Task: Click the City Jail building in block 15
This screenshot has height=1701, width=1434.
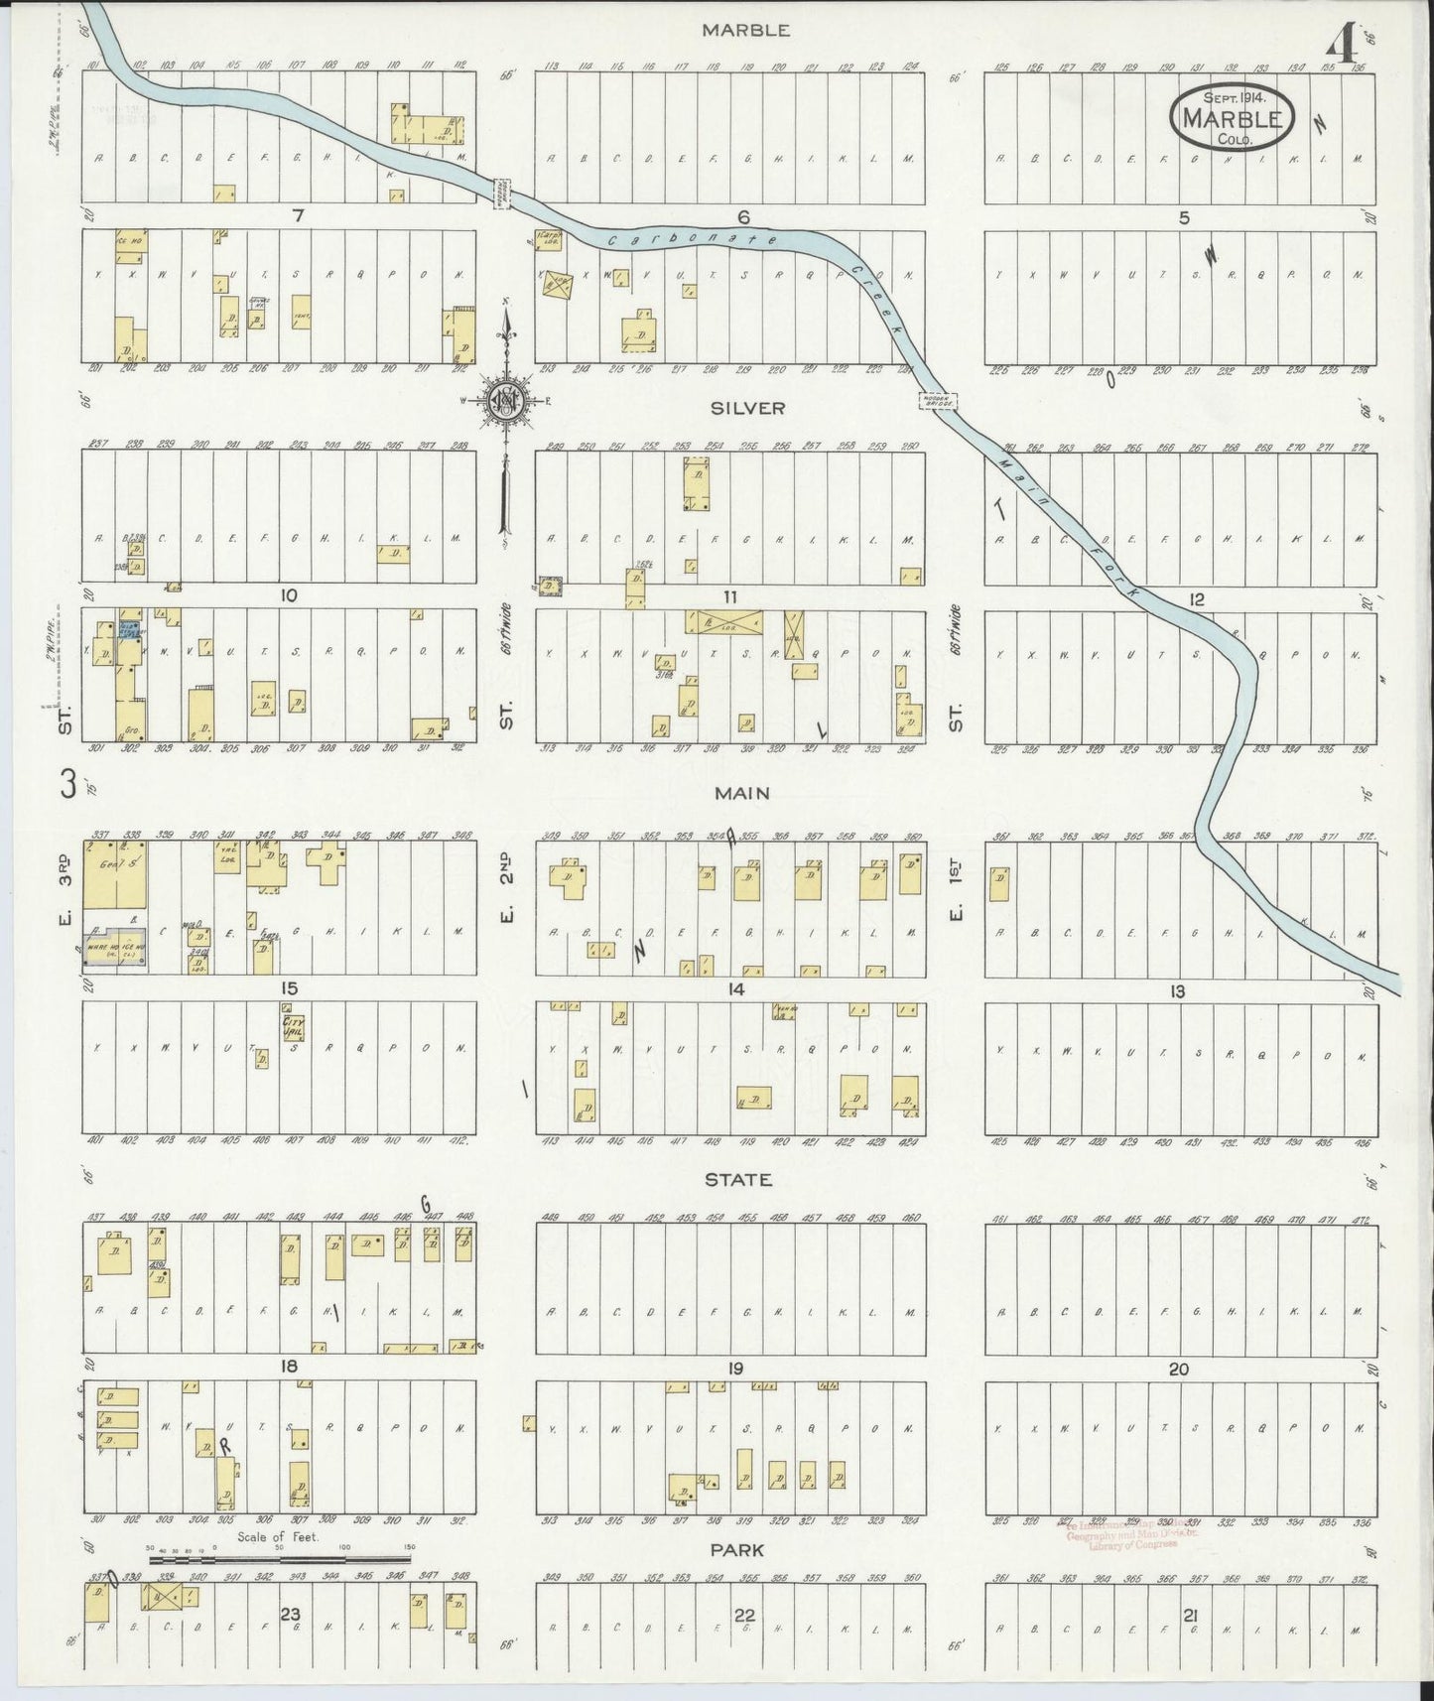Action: click(x=293, y=1027)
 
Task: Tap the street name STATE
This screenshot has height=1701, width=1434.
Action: click(x=738, y=1180)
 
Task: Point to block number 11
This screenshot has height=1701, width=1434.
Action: click(x=730, y=596)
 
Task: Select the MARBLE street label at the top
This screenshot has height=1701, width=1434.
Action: click(x=745, y=30)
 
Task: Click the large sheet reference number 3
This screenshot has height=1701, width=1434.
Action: click(x=68, y=785)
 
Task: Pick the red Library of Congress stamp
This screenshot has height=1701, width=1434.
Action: click(x=1119, y=1562)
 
